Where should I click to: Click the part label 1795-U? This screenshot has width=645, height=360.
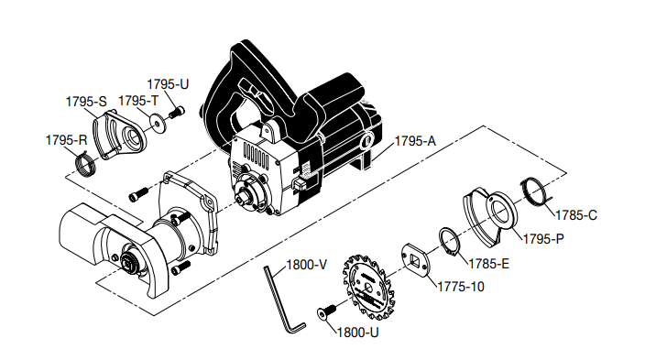pos(168,84)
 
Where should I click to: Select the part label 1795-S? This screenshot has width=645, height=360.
pos(86,102)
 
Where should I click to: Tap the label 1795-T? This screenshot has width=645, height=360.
pos(138,101)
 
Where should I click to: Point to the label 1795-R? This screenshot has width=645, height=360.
pos(66,140)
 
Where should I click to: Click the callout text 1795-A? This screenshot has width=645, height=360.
pos(415,141)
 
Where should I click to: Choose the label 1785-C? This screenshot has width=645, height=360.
pos(576,215)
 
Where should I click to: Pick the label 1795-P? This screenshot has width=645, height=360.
pos(543,239)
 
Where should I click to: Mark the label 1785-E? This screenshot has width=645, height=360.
pos(488,264)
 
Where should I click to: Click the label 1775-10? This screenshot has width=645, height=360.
pos(461,287)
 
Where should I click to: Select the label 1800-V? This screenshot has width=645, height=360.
pos(306,265)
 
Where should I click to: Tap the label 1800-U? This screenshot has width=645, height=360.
pos(358,333)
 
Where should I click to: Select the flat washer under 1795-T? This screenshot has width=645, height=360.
pos(158,122)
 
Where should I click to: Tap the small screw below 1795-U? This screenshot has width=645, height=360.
pos(177,113)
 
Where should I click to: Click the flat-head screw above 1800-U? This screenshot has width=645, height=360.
pos(327,311)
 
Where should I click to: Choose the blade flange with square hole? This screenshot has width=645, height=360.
pos(416,259)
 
